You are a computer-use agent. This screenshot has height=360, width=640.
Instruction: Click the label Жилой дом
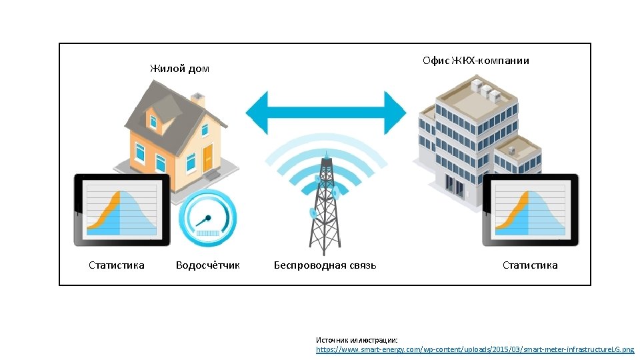coord(179,69)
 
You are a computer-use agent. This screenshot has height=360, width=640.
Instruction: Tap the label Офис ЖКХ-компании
coord(476,61)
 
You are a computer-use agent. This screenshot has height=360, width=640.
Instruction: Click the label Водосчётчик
coord(207,265)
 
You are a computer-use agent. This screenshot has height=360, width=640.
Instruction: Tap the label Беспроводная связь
coord(325,265)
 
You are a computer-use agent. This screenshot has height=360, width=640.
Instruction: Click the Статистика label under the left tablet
coord(117,265)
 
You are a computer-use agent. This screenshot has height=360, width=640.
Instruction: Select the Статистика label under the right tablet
coord(530,265)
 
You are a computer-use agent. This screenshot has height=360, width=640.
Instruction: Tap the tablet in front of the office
coord(530,210)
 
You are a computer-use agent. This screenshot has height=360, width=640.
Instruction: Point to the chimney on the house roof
coord(197,100)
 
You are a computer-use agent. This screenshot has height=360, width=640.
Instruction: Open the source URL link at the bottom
coord(475,349)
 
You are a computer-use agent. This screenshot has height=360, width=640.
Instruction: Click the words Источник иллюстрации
coord(356,340)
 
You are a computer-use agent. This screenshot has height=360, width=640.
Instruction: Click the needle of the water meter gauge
coord(203,220)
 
